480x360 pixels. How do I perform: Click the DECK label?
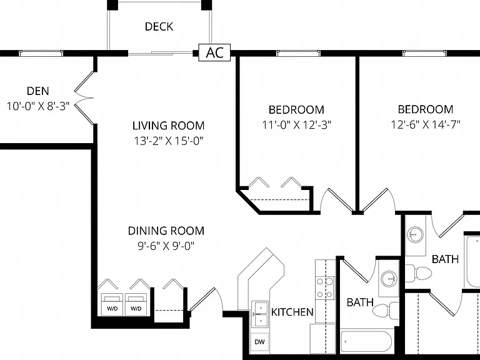click(x=159, y=27)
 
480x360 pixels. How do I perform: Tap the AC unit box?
click(x=214, y=52)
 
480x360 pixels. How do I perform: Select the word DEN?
click(x=37, y=91)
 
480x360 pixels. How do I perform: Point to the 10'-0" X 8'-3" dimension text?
click(x=38, y=106)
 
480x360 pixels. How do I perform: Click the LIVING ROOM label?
click(x=168, y=126)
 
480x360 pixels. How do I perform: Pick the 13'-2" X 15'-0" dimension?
click(x=169, y=141)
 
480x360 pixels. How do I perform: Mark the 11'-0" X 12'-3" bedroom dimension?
click(x=297, y=125)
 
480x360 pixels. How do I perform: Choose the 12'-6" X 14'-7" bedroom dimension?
click(x=426, y=124)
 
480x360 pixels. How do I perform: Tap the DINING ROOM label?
click(x=166, y=231)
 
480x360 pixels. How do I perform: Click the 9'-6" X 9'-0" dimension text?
click(x=166, y=246)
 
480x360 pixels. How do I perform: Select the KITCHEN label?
click(x=292, y=312)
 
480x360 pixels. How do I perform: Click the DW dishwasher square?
click(x=259, y=342)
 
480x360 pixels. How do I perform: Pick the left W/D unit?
click(x=112, y=304)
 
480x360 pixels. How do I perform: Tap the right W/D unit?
click(x=136, y=304)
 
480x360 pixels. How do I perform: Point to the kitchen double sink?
click(x=260, y=314)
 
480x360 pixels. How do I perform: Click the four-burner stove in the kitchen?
click(x=325, y=287)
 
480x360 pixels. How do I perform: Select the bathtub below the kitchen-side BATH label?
click(x=366, y=341)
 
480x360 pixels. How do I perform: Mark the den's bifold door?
click(x=84, y=98)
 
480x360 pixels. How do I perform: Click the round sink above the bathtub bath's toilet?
click(x=389, y=279)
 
